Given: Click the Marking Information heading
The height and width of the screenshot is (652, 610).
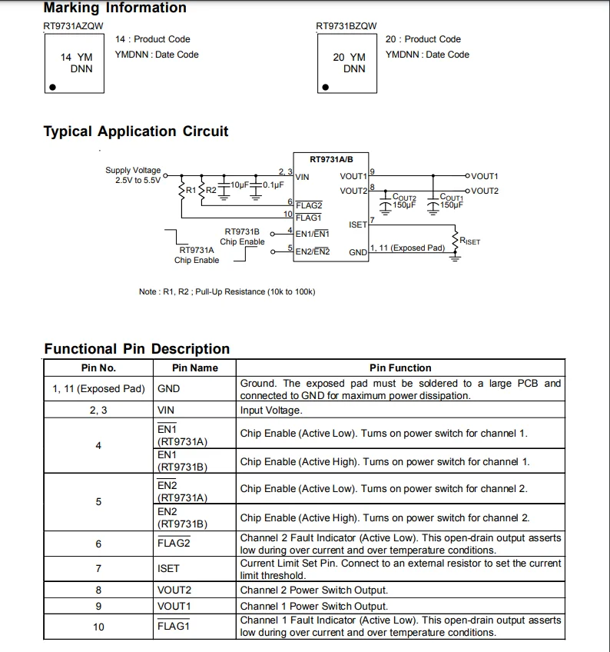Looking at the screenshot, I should (114, 8).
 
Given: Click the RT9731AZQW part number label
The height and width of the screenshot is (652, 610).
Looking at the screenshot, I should (73, 26).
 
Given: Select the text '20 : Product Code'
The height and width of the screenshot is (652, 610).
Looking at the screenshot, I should (423, 39).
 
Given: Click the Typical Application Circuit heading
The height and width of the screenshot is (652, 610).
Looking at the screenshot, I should (136, 131).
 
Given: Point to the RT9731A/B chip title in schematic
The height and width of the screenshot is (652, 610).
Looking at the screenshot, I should (331, 160).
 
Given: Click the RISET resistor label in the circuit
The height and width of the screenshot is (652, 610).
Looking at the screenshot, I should (469, 241).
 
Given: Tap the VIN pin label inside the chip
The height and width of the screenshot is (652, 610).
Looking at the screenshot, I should (302, 177).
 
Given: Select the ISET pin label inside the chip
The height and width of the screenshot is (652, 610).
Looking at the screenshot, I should (357, 225).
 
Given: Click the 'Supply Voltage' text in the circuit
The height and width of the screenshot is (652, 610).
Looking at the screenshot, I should (133, 171).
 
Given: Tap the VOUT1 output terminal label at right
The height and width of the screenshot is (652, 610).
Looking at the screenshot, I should (484, 176).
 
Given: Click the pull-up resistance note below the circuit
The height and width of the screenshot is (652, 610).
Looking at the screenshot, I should (227, 291).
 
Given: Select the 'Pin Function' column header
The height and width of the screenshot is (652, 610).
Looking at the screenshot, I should (400, 368).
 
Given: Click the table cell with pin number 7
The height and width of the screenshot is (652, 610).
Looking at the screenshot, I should (98, 568).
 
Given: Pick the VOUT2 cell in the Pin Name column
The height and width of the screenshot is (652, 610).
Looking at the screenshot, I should (174, 590).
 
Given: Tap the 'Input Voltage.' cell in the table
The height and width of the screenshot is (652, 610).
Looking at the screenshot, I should (270, 411).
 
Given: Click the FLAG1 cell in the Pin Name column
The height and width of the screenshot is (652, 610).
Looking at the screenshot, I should (173, 626).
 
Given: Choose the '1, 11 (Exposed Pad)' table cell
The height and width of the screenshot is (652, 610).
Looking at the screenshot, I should (98, 389).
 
